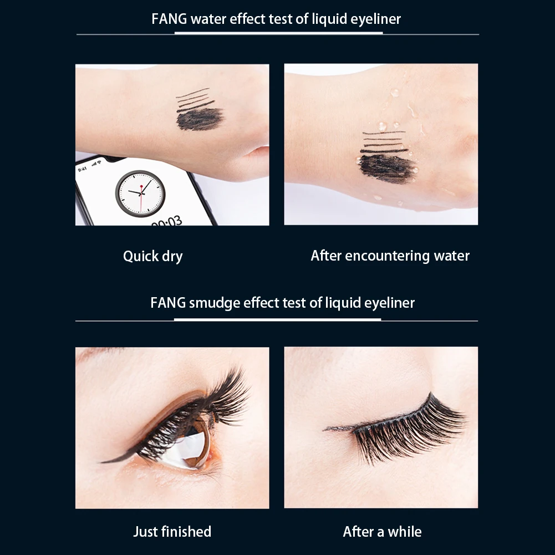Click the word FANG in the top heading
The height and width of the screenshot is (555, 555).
click(x=169, y=19)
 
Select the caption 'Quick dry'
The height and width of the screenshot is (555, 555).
click(x=152, y=256)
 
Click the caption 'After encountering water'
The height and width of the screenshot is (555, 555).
click(x=390, y=256)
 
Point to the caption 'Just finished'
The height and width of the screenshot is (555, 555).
click(x=172, y=532)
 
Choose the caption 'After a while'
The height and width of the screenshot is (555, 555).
click(x=382, y=532)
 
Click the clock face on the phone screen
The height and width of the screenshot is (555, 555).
click(x=140, y=194)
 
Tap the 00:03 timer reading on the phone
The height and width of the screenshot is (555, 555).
click(x=166, y=221)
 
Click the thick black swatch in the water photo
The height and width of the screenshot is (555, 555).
click(x=386, y=167)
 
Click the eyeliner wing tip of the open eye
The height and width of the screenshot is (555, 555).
click(x=105, y=461)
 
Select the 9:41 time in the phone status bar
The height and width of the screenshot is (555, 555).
click(x=83, y=169)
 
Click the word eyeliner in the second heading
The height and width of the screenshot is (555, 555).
click(x=389, y=303)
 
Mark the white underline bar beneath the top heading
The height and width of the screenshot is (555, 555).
click(x=278, y=33)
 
